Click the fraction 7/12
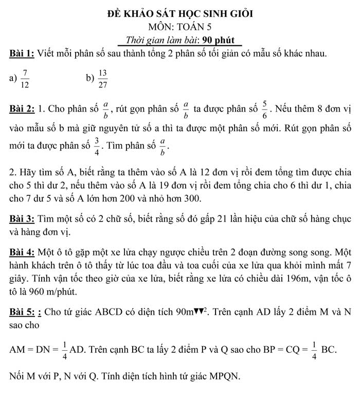pos(25,78)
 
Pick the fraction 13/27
pos(102,78)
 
